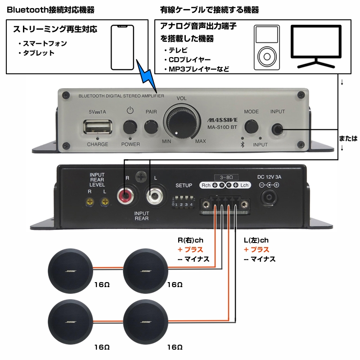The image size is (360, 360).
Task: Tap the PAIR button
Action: click(151, 126)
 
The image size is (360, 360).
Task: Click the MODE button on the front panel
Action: click(251, 126)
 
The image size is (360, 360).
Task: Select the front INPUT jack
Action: click(278, 130)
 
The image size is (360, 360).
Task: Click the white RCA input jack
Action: click(154, 196)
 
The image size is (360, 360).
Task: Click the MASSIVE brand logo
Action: click(220, 121)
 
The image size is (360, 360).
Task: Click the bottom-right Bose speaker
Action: click(146, 323)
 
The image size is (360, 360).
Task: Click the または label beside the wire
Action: click(348, 139)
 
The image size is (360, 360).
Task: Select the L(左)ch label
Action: click(256, 240)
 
